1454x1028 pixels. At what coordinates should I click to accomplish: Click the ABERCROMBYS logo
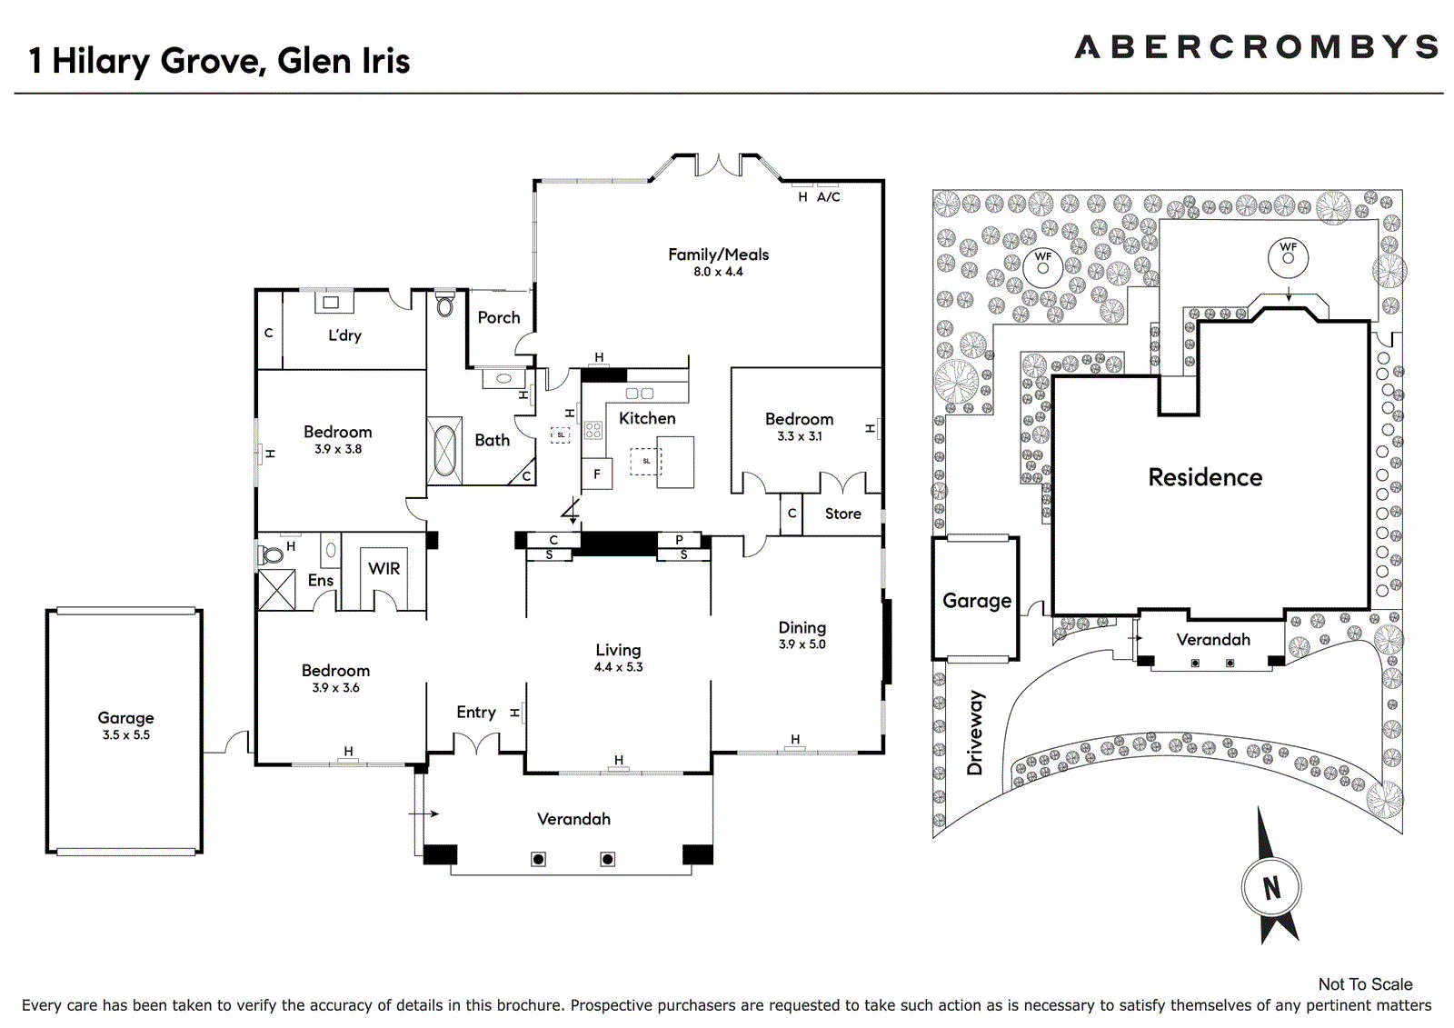click(x=1257, y=47)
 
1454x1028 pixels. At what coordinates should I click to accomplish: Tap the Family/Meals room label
click(x=719, y=255)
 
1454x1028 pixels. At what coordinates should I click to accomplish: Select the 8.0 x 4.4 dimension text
click(x=718, y=272)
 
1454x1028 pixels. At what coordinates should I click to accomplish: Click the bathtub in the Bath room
click(x=444, y=451)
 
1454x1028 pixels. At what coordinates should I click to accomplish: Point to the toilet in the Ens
click(x=271, y=555)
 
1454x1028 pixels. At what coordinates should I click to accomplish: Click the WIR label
click(x=383, y=569)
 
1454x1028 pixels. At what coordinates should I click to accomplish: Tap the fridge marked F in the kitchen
click(x=596, y=474)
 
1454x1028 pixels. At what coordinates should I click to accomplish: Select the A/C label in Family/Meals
click(x=828, y=196)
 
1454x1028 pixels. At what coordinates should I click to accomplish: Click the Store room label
click(x=842, y=514)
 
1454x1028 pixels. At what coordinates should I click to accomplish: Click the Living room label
click(x=618, y=650)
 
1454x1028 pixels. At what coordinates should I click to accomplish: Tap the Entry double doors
click(x=476, y=743)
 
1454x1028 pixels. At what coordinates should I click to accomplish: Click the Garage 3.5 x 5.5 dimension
click(x=126, y=735)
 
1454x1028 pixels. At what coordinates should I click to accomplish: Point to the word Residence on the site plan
click(x=1205, y=477)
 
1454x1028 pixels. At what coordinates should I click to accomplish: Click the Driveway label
click(x=975, y=733)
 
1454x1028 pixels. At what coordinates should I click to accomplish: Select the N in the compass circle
click(x=1271, y=888)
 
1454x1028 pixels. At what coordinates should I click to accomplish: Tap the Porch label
click(x=499, y=317)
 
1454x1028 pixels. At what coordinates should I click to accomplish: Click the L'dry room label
click(x=344, y=335)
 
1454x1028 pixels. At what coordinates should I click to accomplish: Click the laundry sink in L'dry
click(x=331, y=302)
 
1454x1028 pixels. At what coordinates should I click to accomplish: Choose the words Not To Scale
click(x=1365, y=984)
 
